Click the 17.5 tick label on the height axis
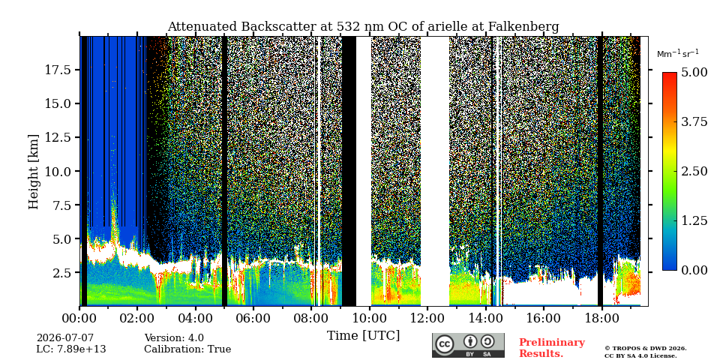pos(58,70)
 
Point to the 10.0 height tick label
pos(58,171)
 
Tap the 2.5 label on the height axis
pos(61,273)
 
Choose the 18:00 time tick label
pos(601,318)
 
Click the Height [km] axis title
pos(34,172)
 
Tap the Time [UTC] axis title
pos(363,336)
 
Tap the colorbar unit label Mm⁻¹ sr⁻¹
pos(678,54)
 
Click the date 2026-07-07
pos(64,338)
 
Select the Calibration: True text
pos(187,349)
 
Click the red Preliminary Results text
pos(552,347)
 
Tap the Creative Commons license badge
pos(468,345)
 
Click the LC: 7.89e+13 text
pos(71,349)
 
